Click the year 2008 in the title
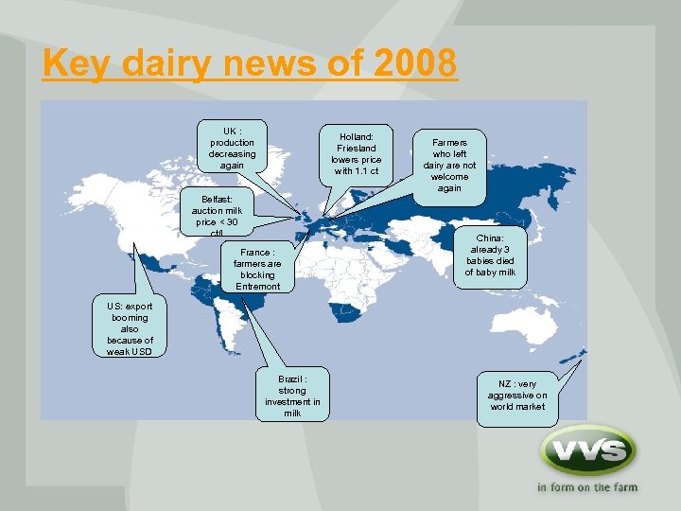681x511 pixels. [x=415, y=63]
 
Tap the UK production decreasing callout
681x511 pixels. [x=232, y=148]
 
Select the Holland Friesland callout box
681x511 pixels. [x=356, y=154]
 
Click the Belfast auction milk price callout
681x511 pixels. [x=217, y=210]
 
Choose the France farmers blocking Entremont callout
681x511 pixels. [x=257, y=269]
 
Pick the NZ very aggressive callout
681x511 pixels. [x=517, y=395]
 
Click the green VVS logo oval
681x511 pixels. [x=587, y=451]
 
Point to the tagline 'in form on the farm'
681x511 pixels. [x=587, y=488]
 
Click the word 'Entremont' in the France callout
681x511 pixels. [x=257, y=286]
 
